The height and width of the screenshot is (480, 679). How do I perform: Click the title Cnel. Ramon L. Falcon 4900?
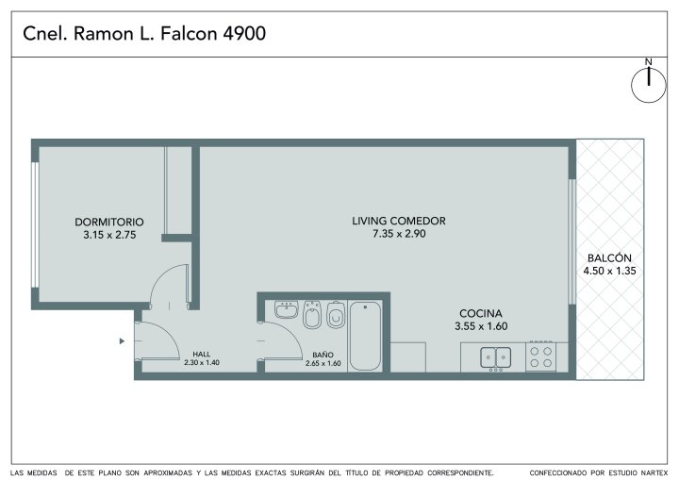pyautogui.click(x=144, y=34)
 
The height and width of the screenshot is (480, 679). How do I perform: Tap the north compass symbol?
pyautogui.click(x=648, y=81)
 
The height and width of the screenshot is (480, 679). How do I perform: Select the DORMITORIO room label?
pyautogui.click(x=109, y=222)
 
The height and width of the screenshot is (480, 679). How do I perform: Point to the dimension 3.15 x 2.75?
pyautogui.click(x=109, y=235)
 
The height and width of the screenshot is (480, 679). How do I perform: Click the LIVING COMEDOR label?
pyautogui.click(x=399, y=221)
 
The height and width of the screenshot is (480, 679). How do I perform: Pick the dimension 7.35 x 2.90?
pyautogui.click(x=399, y=234)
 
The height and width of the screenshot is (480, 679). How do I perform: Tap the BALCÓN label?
pyautogui.click(x=609, y=257)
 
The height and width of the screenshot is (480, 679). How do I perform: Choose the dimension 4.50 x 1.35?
pyautogui.click(x=609, y=272)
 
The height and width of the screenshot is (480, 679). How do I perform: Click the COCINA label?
pyautogui.click(x=481, y=313)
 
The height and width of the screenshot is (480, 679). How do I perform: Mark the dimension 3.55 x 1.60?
pyautogui.click(x=481, y=326)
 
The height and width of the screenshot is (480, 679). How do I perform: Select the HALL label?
pyautogui.click(x=202, y=355)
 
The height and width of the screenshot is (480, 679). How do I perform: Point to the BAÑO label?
pyautogui.click(x=323, y=356)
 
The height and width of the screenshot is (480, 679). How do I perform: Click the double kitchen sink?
pyautogui.click(x=496, y=358)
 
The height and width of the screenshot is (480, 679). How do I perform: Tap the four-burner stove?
pyautogui.click(x=541, y=356)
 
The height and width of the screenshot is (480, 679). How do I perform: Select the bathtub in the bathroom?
pyautogui.click(x=365, y=336)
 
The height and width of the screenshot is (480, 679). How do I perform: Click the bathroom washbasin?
pyautogui.click(x=287, y=309)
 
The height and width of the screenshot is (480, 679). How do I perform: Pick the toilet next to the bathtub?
pyautogui.click(x=336, y=315)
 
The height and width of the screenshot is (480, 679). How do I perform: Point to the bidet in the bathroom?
pyautogui.click(x=312, y=315)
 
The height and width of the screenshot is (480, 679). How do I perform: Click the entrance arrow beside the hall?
pyautogui.click(x=122, y=341)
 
